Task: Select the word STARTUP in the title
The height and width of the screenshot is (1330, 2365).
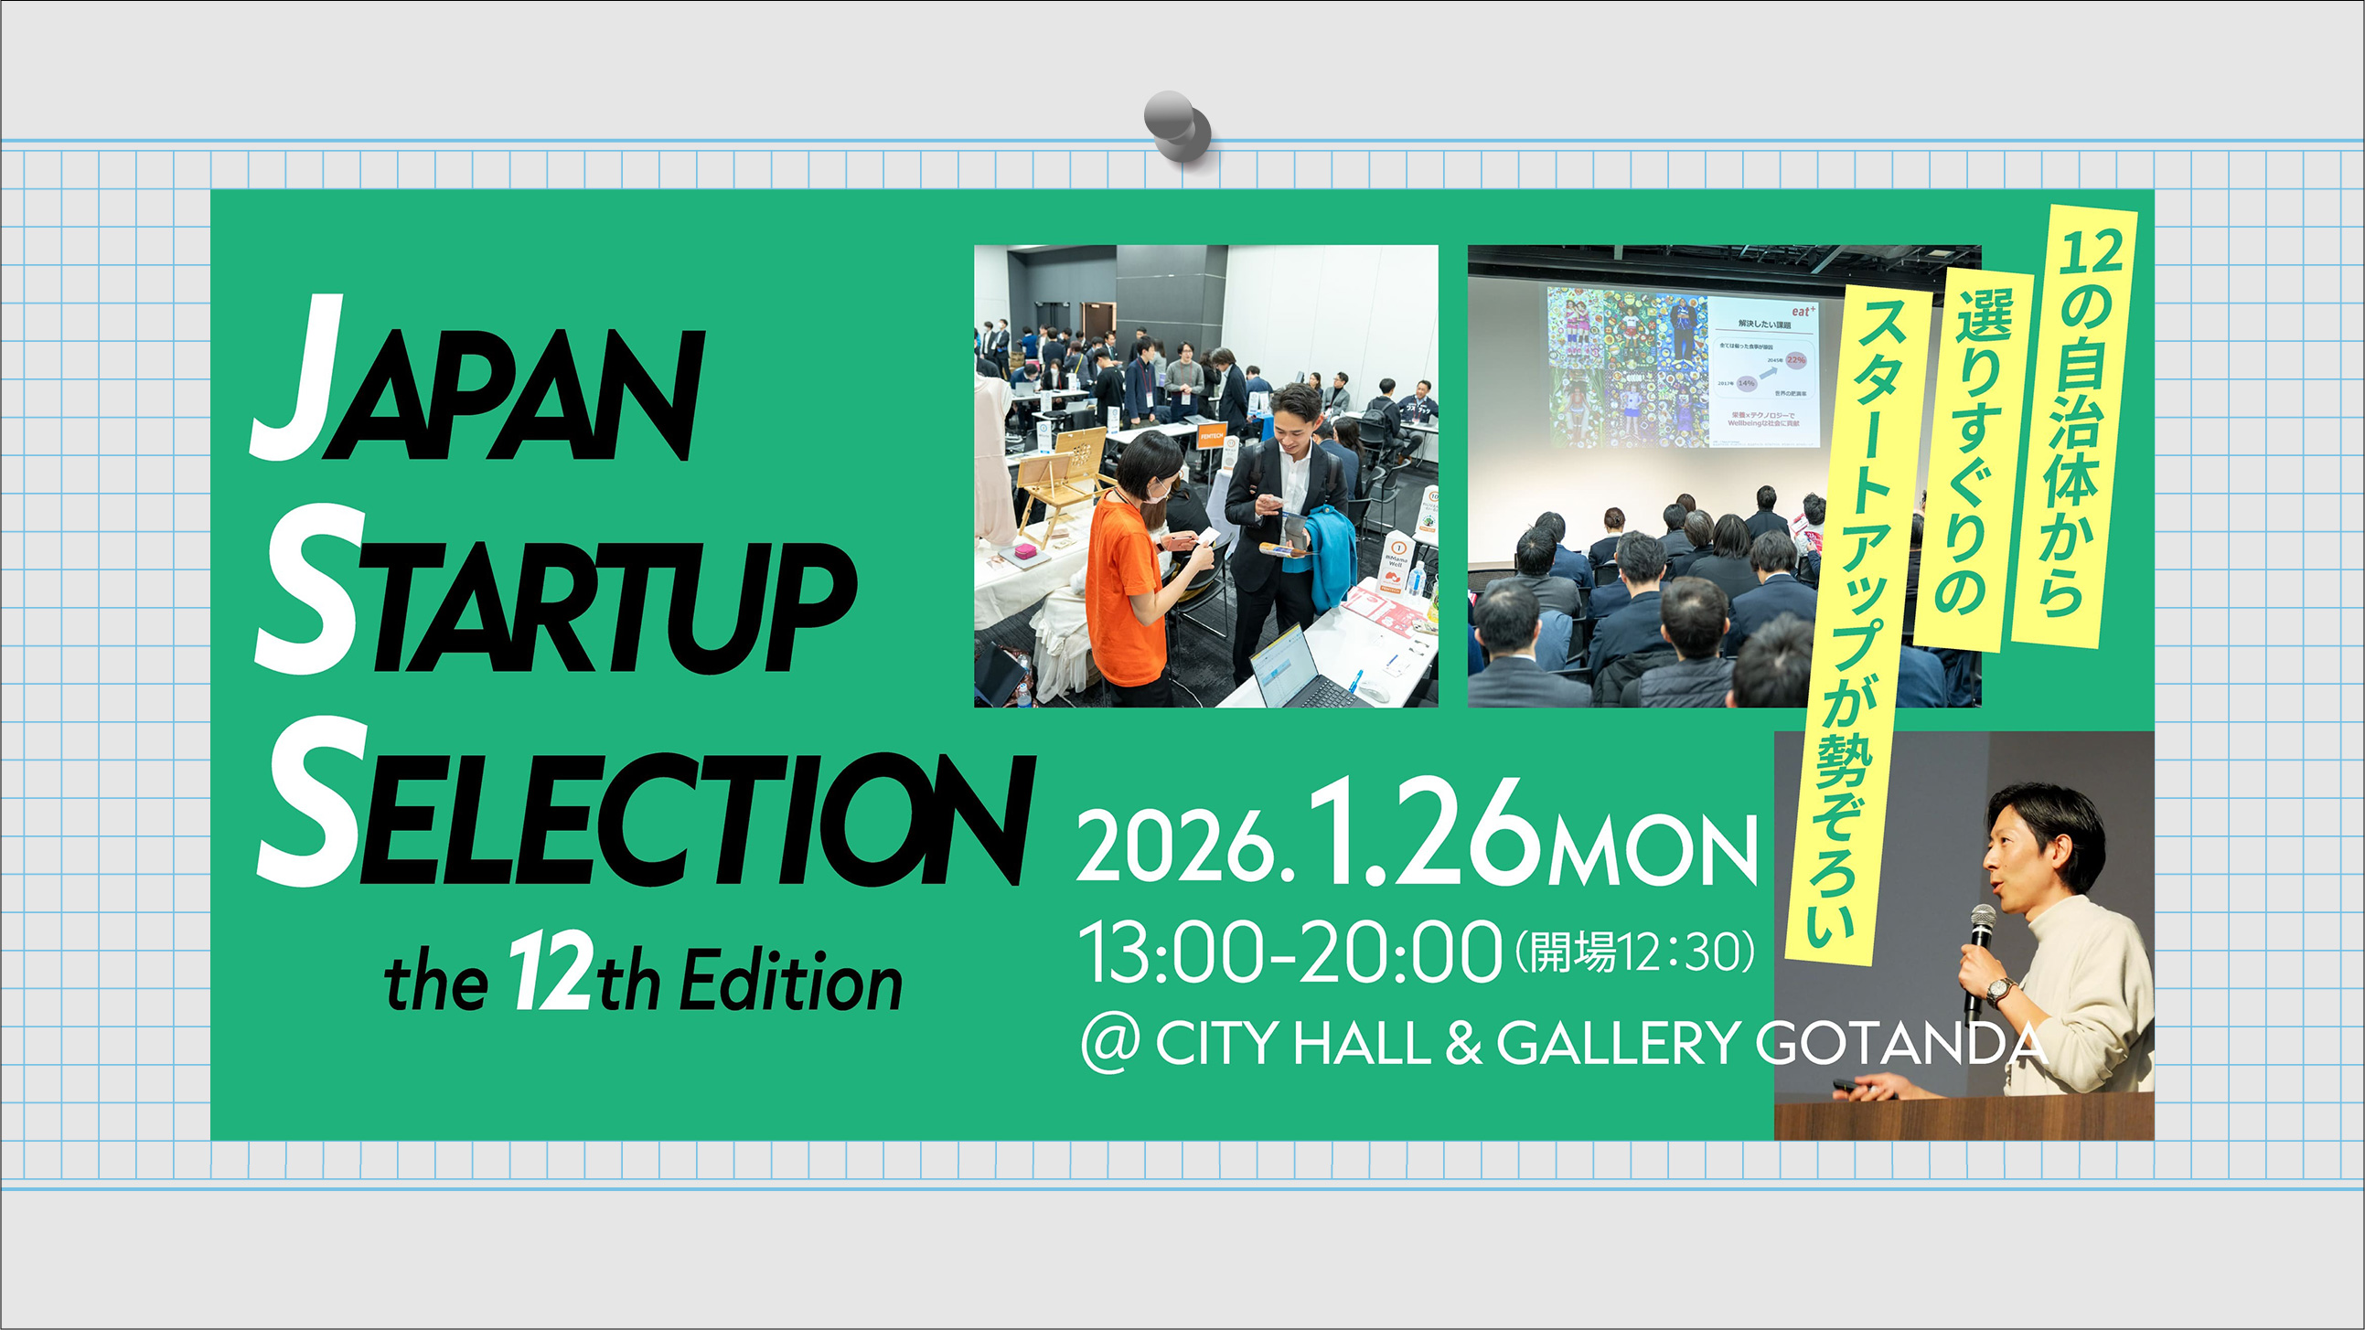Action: (555, 597)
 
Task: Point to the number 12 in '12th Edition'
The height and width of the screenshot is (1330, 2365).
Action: (549, 973)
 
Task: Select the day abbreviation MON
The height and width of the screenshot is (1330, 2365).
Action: (1653, 849)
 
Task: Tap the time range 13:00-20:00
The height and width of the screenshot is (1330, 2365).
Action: (1290, 952)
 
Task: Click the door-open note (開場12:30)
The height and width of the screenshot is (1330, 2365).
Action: (1634, 952)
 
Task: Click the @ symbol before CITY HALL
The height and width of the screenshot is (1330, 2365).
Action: (1109, 1044)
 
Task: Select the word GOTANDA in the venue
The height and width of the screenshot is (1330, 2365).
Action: (1900, 1044)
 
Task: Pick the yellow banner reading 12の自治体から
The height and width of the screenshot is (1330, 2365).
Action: (2075, 427)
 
